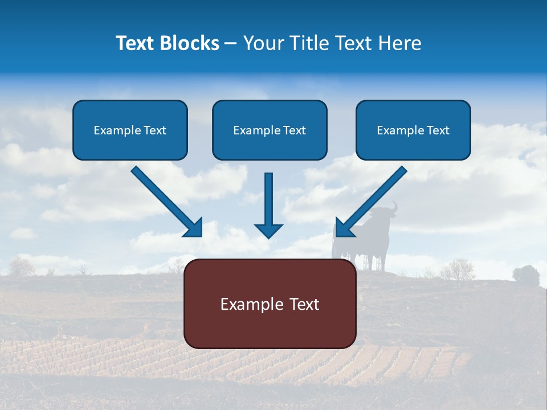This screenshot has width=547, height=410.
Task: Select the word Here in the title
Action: coord(400,43)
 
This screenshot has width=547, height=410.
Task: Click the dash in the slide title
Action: coord(231,44)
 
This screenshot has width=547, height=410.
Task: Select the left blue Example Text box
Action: coord(130,130)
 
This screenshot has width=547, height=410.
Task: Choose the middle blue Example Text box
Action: coord(270,130)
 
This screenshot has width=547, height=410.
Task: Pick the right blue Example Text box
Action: coord(413,130)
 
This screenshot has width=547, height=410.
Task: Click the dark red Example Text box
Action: coord(270,304)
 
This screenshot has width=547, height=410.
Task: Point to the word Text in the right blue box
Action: coord(438,130)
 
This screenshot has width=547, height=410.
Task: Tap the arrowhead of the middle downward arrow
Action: coord(268,230)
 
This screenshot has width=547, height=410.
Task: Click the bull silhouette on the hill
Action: coord(373,239)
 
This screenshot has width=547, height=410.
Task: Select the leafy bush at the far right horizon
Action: coord(525,274)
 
